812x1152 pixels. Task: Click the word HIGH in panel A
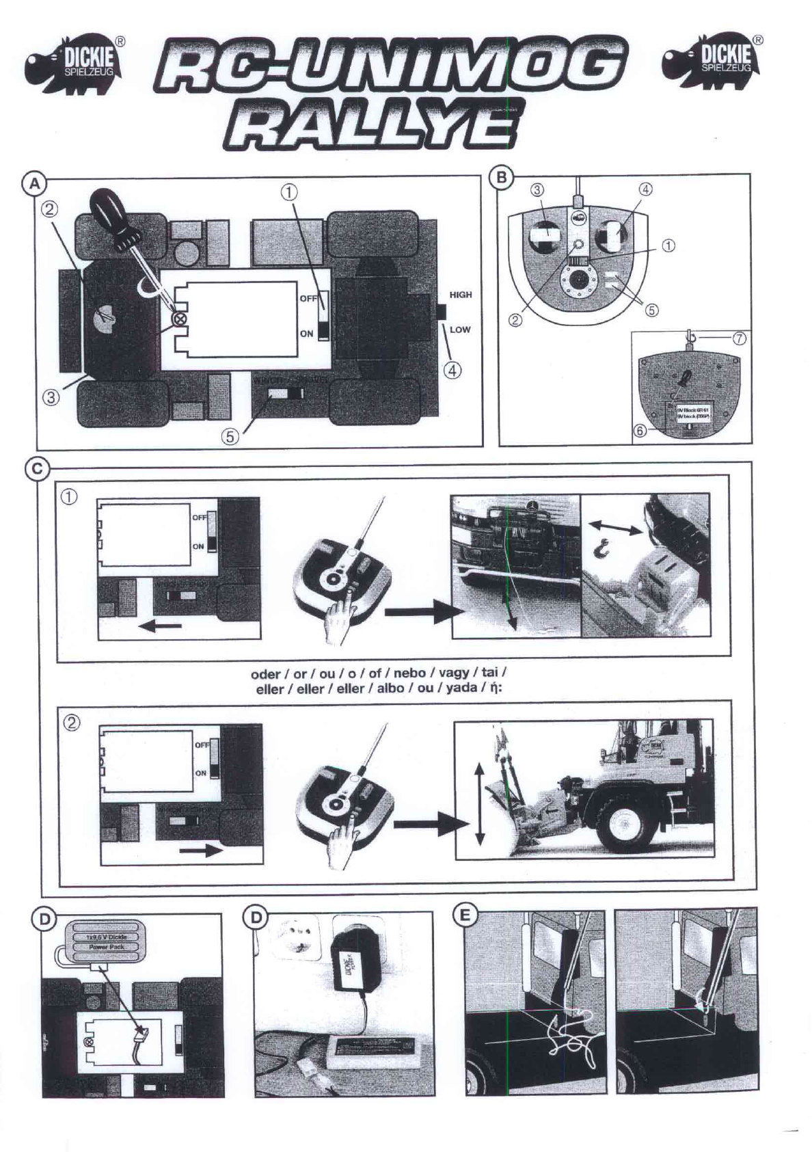coord(461,295)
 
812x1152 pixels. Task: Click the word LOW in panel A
coord(460,329)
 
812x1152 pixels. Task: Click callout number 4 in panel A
coord(453,370)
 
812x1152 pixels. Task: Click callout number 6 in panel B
coord(640,430)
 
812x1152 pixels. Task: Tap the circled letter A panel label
coord(33,183)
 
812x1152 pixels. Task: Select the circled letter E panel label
coord(465,916)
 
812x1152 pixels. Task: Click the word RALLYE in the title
coord(370,128)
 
